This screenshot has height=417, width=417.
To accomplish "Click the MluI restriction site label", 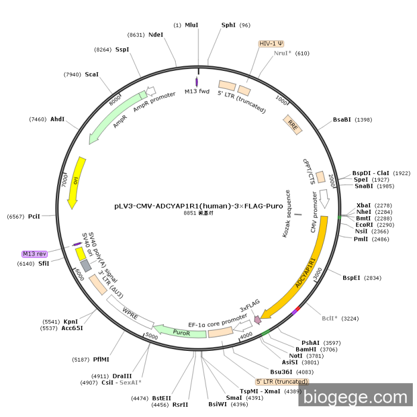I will [191, 25].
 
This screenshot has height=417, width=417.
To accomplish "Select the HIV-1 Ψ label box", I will [272, 43].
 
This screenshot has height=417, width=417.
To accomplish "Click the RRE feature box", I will [292, 123].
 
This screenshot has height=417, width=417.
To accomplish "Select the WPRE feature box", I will [130, 311].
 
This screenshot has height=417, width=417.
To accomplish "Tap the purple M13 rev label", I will [33, 253].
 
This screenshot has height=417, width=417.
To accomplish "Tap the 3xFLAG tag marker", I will [257, 319].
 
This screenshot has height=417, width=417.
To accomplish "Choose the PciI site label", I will [34, 216].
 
